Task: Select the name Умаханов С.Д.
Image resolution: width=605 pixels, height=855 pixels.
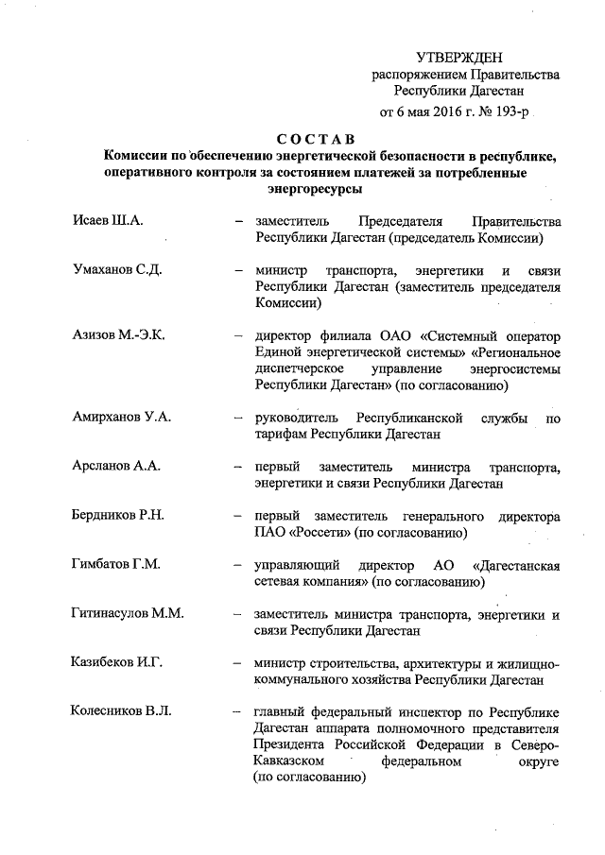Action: pyautogui.click(x=118, y=269)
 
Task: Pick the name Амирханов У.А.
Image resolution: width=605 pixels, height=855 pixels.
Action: pyautogui.click(x=123, y=417)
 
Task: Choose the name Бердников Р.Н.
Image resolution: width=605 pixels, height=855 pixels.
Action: pyautogui.click(x=119, y=516)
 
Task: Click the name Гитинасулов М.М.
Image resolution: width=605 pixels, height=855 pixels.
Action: pyautogui.click(x=128, y=614)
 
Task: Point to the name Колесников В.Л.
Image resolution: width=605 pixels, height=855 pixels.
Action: pyautogui.click(x=122, y=711)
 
